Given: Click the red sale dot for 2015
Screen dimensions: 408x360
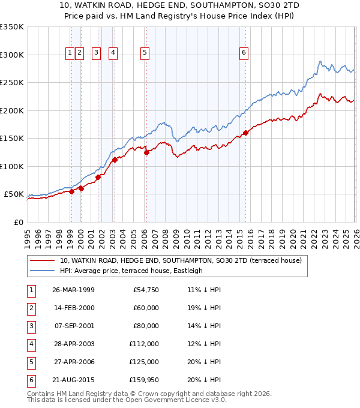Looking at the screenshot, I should click(x=245, y=133).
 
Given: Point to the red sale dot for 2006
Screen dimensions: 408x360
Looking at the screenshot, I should click(x=146, y=152).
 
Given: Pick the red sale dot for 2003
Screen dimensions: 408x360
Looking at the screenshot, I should click(x=115, y=160).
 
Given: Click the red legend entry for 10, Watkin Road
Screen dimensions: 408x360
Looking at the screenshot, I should click(x=184, y=260).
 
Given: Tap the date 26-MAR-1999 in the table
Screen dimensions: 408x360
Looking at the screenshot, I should click(x=73, y=290).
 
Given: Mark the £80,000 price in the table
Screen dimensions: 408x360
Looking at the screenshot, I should click(x=145, y=326).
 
